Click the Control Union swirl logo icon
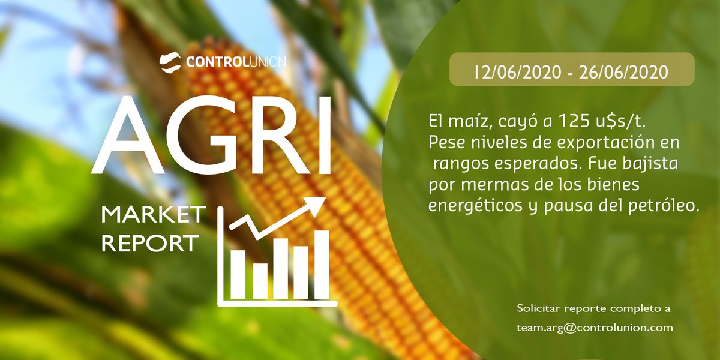coord(170,61)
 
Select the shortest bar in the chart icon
coord(260,280)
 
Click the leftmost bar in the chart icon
coord(239,274)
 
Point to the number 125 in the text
coord(567,122)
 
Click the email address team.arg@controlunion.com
coord(595,328)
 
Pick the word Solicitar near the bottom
coord(539,308)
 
